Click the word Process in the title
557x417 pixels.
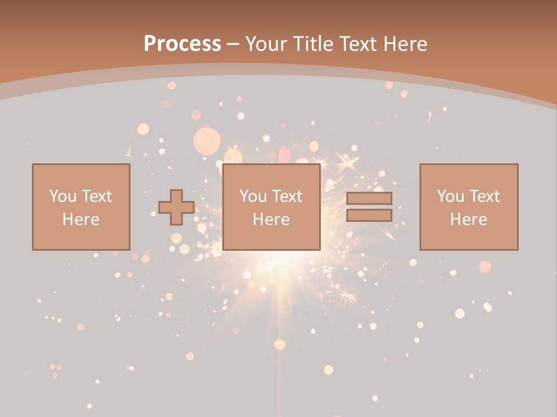click(182, 44)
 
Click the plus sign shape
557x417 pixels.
click(176, 207)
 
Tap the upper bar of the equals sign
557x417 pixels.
click(369, 198)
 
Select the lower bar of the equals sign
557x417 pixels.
click(369, 215)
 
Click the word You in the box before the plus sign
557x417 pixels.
click(62, 196)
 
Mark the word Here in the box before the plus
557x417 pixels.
click(81, 220)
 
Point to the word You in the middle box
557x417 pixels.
click(253, 196)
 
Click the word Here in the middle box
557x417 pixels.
click(271, 220)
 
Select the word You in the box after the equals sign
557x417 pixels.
click(450, 196)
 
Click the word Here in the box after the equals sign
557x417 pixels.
click(468, 220)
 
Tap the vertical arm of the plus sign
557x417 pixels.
click(176, 195)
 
